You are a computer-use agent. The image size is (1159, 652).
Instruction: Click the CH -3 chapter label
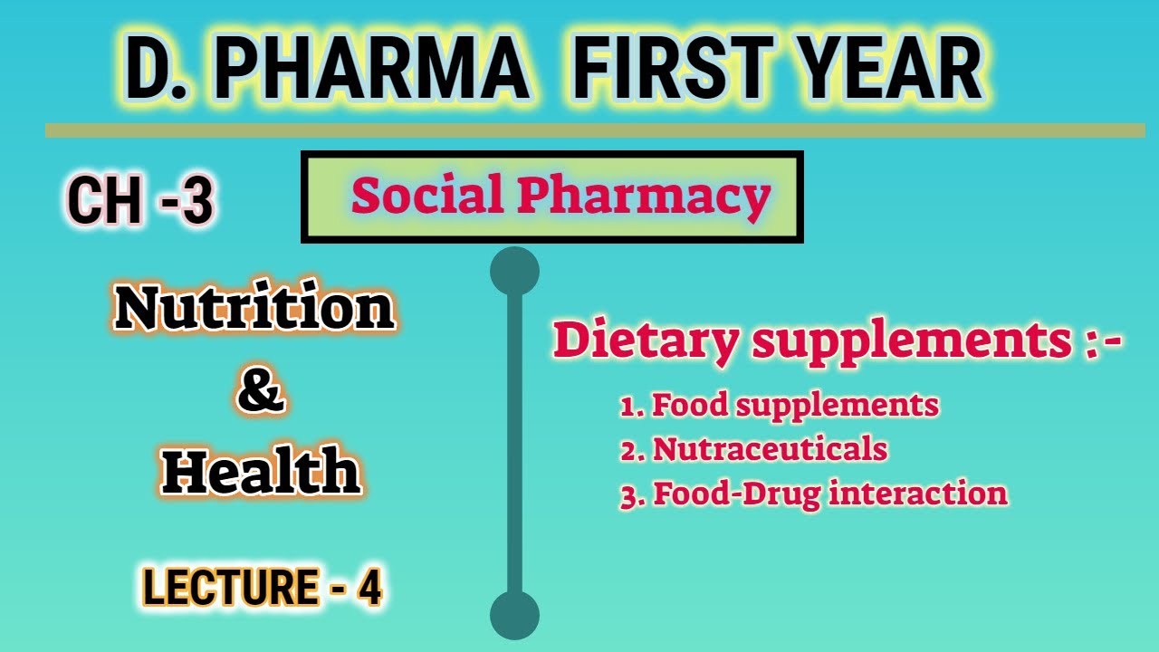click(140, 201)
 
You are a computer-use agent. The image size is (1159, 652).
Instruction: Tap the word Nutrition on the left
click(254, 308)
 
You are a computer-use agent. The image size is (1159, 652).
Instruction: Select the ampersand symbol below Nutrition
click(261, 392)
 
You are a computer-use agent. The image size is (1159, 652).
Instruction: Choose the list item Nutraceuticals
click(754, 449)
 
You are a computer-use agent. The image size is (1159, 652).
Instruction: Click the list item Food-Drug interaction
click(814, 494)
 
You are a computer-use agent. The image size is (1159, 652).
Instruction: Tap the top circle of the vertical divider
click(514, 272)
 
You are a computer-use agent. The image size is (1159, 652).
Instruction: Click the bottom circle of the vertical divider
click(514, 616)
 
